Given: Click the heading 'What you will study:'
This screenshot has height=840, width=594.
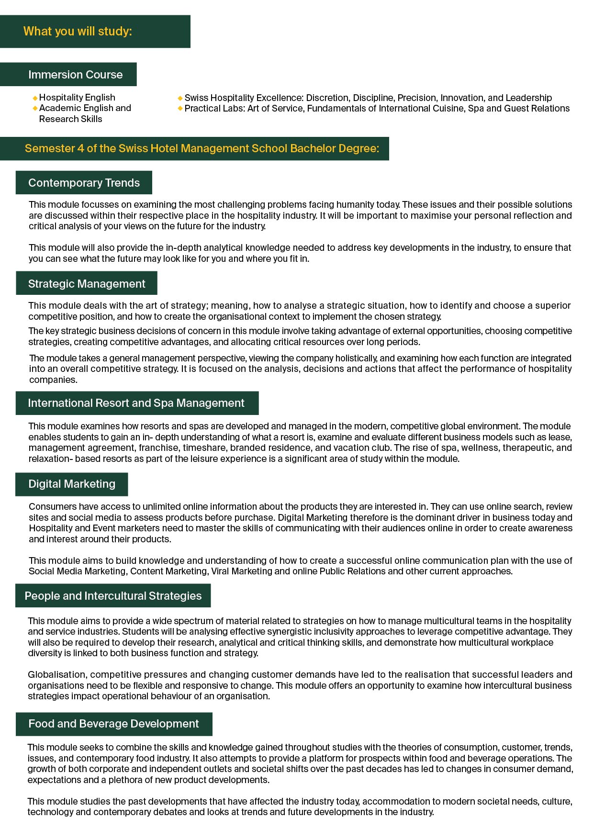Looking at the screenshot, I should coord(78,32).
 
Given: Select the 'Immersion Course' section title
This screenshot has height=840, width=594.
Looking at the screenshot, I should coord(75,75).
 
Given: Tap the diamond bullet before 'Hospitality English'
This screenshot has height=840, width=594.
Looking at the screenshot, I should coord(35,98).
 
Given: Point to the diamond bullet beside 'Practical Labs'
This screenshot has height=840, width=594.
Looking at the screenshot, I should coord(180,109).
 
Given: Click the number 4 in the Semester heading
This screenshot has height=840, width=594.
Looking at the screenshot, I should coord(80,148).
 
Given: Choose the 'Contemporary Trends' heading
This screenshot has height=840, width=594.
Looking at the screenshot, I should coord(84,183).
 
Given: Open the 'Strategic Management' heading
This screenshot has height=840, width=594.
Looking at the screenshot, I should coord(87,284).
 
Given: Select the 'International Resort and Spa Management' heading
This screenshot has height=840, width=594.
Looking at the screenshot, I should coord(136,403).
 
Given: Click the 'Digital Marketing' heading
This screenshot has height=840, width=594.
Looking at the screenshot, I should coord(72,484).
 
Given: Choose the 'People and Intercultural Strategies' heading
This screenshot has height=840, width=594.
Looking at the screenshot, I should coord(113,596).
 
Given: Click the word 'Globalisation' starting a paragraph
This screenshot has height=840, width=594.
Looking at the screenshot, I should coord(57,674).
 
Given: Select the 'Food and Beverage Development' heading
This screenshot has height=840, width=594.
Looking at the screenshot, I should coord(113,724).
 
